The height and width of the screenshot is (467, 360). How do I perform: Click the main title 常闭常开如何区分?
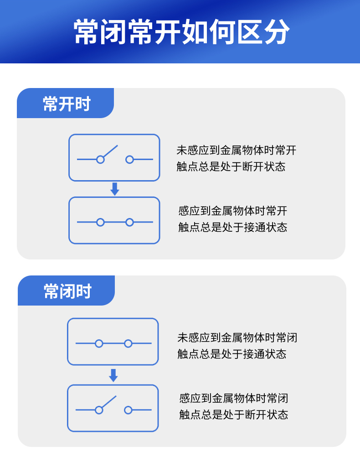tap(181, 32)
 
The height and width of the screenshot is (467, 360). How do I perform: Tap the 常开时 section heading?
tap(67, 104)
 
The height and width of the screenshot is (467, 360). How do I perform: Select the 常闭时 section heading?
tap(67, 291)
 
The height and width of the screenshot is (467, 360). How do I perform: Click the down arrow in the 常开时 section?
tap(115, 189)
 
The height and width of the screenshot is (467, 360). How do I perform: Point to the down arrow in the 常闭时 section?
tap(113, 375)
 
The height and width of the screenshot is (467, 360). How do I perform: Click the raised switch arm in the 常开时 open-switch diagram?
tap(110, 151)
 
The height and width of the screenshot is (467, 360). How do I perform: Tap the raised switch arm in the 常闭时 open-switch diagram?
tap(109, 402)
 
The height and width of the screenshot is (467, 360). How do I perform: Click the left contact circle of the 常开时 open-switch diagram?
tap(100, 160)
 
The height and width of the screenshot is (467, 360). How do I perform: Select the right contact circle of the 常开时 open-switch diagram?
tap(129, 160)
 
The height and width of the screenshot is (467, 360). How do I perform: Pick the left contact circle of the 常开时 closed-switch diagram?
tap(100, 222)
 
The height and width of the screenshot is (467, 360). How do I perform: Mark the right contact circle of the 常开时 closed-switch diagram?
tap(129, 222)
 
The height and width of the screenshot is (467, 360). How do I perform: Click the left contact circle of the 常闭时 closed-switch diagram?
tap(99, 343)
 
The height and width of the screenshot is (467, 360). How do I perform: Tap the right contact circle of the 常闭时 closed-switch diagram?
tap(128, 343)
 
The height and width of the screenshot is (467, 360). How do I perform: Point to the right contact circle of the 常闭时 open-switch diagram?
tap(128, 410)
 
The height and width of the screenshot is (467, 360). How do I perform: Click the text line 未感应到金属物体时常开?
tap(236, 150)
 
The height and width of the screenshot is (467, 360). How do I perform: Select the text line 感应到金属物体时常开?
tap(232, 211)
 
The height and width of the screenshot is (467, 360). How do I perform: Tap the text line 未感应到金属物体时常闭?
tap(237, 338)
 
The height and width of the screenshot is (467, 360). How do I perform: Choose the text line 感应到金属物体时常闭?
tap(233, 399)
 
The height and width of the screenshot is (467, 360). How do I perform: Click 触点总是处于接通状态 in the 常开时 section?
tap(232, 227)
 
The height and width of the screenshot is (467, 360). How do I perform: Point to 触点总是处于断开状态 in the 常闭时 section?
tap(233, 415)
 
